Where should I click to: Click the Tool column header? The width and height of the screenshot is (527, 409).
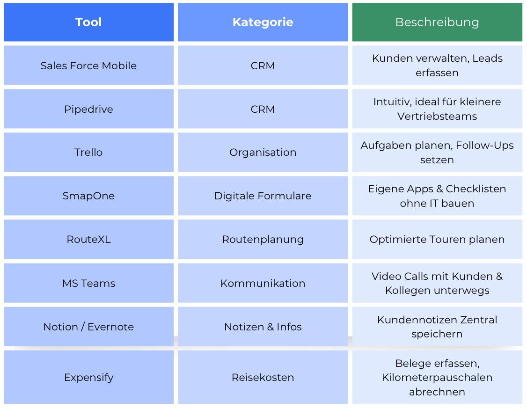coord(89,22)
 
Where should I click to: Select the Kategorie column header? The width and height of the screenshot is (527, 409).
coord(263,22)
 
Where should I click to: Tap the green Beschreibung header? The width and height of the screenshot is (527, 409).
coord(437,22)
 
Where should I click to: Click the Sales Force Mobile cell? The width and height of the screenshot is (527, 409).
coord(89,66)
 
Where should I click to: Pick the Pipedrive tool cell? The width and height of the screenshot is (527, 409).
coord(89,109)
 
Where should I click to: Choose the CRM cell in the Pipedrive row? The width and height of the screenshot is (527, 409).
coord(263,109)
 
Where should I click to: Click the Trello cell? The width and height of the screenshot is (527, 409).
coord(89,152)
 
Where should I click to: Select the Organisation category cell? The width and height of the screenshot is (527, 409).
coord(263,152)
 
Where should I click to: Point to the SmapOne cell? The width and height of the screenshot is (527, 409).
coord(89,196)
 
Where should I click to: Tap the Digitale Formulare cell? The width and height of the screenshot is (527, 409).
coord(263,196)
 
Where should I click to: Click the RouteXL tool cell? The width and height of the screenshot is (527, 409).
coord(89,239)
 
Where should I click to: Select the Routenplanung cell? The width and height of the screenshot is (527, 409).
coord(263,239)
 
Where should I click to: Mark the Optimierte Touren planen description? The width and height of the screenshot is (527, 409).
coord(437,239)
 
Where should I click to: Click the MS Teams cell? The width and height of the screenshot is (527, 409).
coord(89,283)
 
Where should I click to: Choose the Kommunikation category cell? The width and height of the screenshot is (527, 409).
coord(263,283)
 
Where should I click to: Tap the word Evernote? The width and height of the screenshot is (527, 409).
coord(110,327)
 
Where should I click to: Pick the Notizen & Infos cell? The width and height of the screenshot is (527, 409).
coord(263,327)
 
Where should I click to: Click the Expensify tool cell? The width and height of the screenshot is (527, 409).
coord(89,377)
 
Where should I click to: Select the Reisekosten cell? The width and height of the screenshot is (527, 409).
coord(263,377)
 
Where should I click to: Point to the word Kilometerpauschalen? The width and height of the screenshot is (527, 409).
coord(437,377)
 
